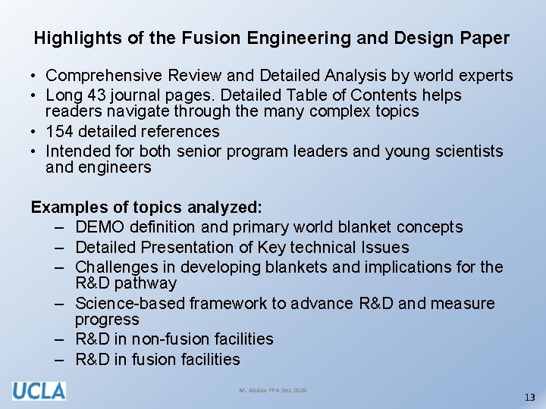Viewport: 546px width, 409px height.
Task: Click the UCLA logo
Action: point(39,391)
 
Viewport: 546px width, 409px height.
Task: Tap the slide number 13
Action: point(529,398)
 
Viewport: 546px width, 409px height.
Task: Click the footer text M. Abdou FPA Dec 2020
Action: point(273,390)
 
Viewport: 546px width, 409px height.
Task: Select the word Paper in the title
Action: point(486,38)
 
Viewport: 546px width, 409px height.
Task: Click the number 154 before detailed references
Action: point(61,132)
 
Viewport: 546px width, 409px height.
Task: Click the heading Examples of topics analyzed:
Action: point(146,207)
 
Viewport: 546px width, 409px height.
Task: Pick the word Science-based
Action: point(130,304)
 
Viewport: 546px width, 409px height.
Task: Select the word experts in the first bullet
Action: point(485,76)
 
